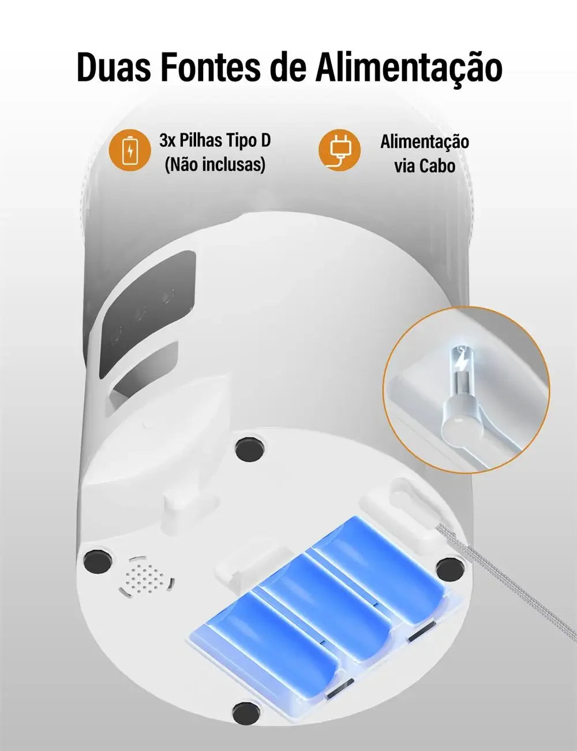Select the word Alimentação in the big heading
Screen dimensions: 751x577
pyautogui.click(x=409, y=68)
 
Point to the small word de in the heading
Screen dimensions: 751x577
pyautogui.click(x=288, y=68)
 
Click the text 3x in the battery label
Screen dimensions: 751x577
pyautogui.click(x=167, y=140)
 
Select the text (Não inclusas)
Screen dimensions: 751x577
pyautogui.click(x=215, y=165)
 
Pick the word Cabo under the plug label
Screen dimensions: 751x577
pyautogui.click(x=437, y=166)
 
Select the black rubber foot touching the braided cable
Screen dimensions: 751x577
pyautogui.click(x=449, y=570)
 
